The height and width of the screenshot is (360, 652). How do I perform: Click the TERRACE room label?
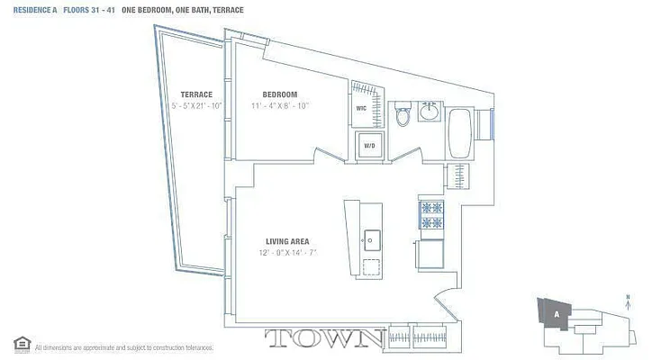point(195,94)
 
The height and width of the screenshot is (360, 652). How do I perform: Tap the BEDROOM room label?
point(280,94)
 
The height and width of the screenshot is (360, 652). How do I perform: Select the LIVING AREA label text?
point(287,240)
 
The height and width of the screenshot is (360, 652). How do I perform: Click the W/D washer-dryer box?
point(369,146)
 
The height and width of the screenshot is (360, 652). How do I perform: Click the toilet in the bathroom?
point(403,114)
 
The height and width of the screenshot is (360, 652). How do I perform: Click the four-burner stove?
point(430,216)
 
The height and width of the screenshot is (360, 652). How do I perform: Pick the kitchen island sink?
point(370,239)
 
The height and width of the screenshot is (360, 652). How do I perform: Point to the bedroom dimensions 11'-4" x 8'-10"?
point(280,105)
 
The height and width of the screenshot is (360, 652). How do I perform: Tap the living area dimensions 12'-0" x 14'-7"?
point(287,252)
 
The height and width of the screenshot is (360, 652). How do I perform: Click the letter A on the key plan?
point(557,314)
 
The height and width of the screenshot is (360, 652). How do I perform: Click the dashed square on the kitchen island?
point(370,267)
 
